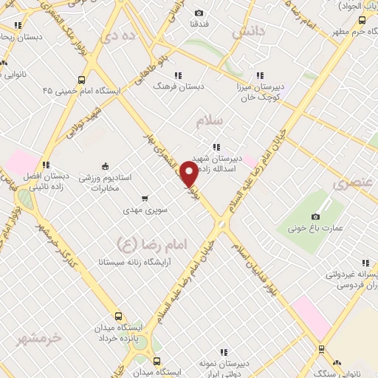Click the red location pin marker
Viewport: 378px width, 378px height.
point(189,176)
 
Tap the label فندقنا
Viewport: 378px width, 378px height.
point(199,24)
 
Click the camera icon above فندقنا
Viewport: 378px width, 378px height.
point(199,13)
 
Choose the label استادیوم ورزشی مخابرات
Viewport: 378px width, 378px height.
point(104,183)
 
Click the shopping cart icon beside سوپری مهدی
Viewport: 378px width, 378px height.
point(145,197)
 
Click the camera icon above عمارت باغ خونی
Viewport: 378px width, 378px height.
point(316,216)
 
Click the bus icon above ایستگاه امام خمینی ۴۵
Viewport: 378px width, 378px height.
point(80,80)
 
